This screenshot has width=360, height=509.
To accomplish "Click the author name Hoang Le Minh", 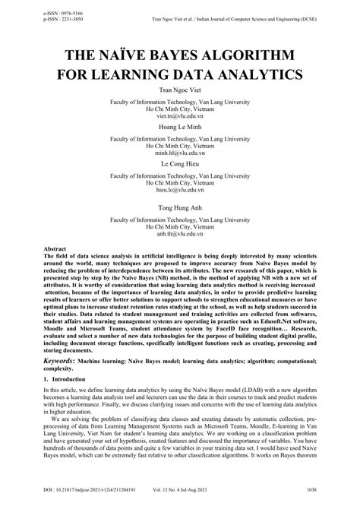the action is coord(180,129).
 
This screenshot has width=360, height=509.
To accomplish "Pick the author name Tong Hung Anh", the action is coord(180,207).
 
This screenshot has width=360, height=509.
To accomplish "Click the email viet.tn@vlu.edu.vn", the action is coord(180,117).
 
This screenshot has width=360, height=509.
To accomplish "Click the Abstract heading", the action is coord(56,249).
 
